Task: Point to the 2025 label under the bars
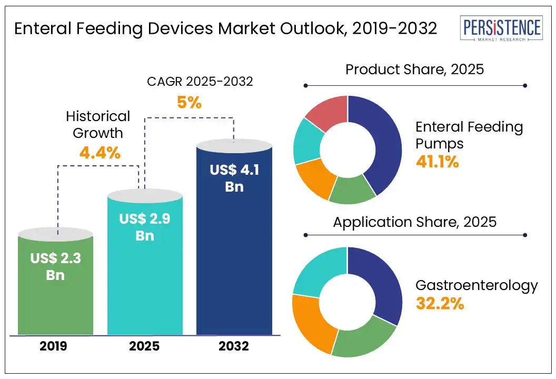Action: [x=145, y=346]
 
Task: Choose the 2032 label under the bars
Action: [x=234, y=346]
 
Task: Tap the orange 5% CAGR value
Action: [x=189, y=103]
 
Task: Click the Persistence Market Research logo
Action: [x=500, y=29]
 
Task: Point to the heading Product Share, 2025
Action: [x=414, y=69]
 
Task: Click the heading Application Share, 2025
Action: [x=414, y=222]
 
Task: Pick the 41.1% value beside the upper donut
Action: [x=437, y=162]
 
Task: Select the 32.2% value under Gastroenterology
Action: [x=440, y=304]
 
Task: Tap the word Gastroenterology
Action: [x=476, y=286]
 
